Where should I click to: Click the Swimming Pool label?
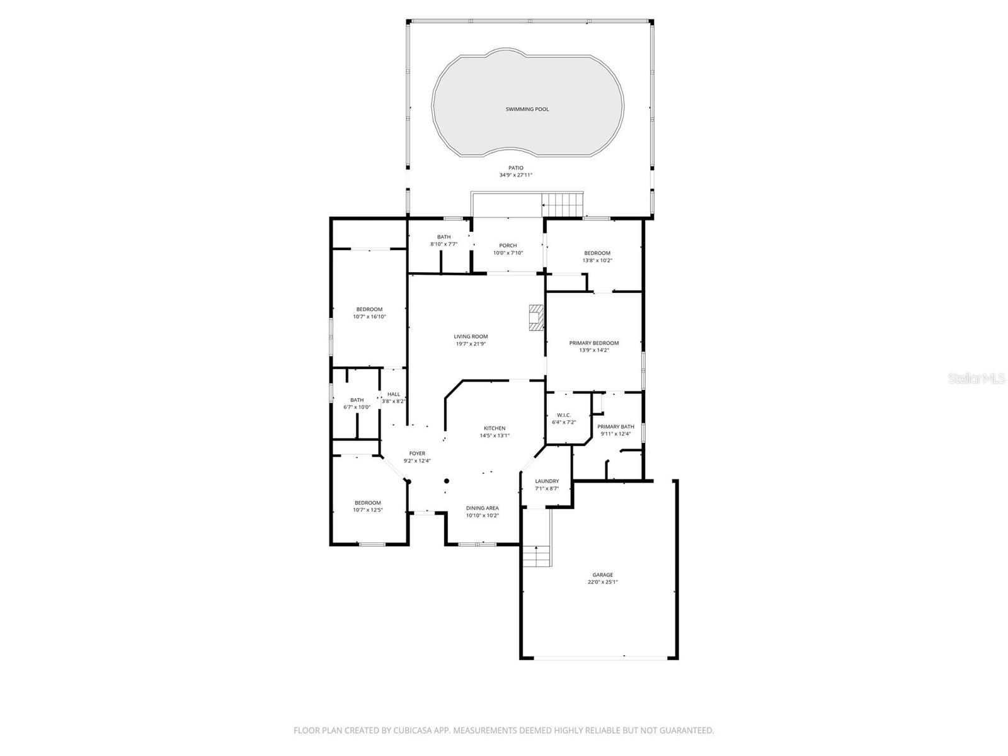527,109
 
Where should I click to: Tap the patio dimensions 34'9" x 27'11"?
515,175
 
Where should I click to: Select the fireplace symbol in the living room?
535,318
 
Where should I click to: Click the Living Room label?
471,336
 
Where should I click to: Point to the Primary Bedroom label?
593,343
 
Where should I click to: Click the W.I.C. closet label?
563,415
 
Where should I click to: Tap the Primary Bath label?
616,427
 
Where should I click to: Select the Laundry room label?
546,481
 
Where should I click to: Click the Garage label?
602,575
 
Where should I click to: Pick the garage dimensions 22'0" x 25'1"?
602,582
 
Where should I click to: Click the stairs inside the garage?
536,557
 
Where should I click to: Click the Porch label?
508,246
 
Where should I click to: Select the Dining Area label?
482,508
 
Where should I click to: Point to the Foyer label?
417,453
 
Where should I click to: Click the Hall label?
394,394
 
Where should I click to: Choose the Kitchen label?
495,428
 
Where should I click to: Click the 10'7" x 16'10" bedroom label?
369,309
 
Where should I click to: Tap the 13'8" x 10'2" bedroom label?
597,253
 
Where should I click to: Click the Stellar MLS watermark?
976,378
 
